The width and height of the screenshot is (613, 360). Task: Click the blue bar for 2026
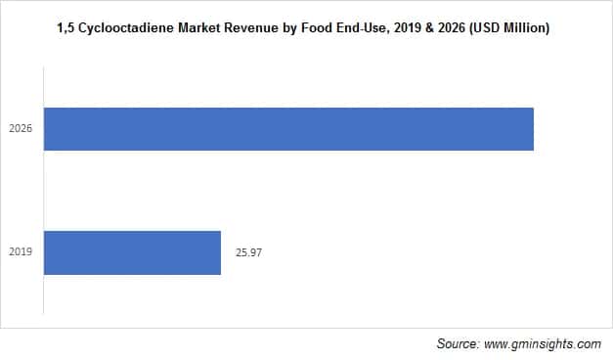click(x=288, y=129)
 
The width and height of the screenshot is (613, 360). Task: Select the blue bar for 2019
click(x=132, y=252)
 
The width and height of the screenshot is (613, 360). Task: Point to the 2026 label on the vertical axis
click(x=22, y=129)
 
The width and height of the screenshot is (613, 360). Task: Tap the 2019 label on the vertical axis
click(x=22, y=252)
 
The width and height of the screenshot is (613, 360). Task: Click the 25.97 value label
click(x=249, y=252)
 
